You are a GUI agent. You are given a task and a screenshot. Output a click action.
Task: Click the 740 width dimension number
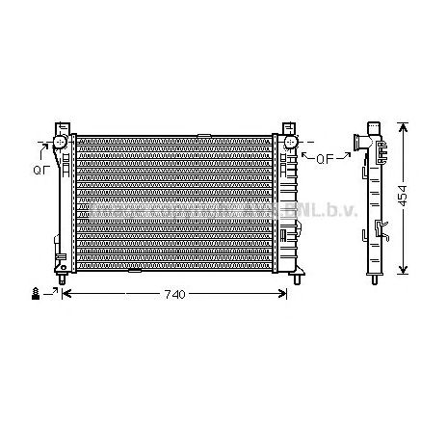point(173,294)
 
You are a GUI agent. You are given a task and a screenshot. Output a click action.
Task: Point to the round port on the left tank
point(59,143)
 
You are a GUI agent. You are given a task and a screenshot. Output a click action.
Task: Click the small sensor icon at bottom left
point(36,293)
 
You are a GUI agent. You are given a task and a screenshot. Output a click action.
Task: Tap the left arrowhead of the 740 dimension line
point(65,293)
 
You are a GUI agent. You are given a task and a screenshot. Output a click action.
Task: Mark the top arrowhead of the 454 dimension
point(405,126)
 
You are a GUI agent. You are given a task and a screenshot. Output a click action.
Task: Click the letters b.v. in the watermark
point(343,208)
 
